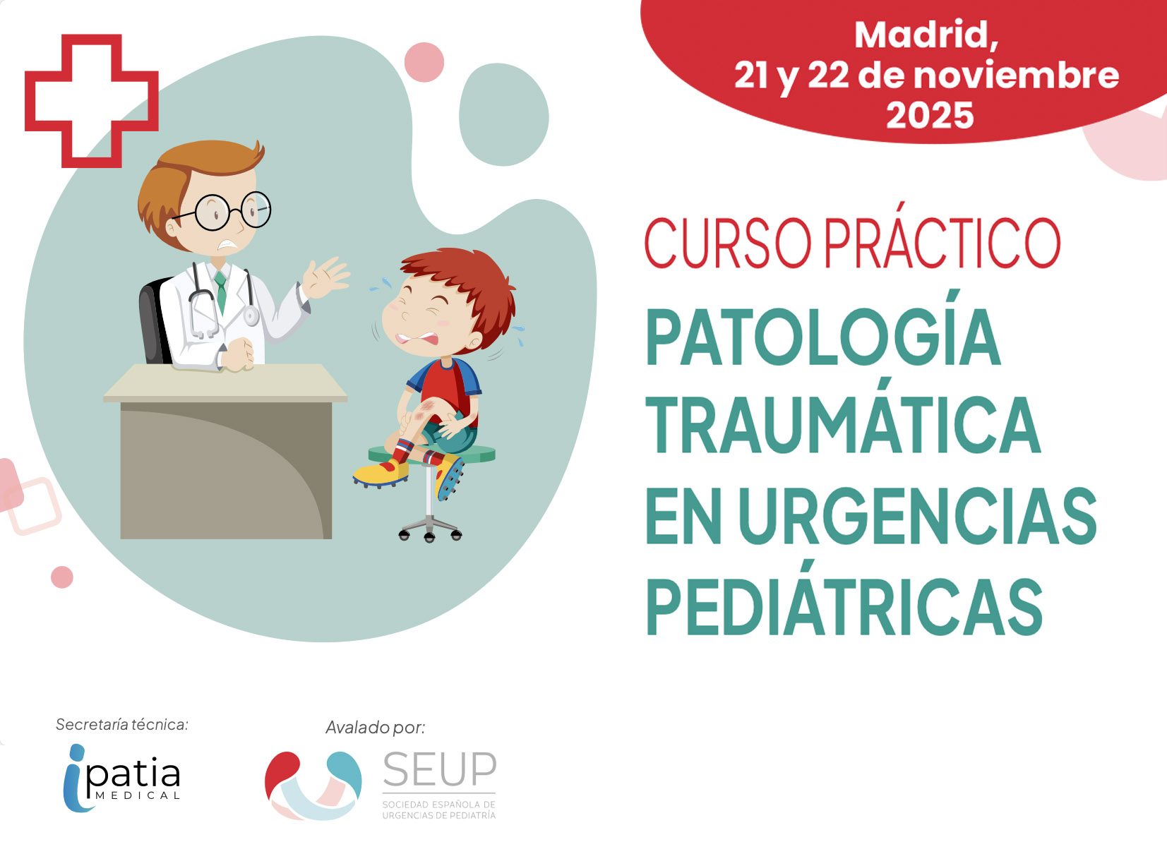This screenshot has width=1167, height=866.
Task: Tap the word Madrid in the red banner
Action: coord(926,35)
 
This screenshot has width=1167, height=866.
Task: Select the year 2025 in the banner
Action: coord(930,115)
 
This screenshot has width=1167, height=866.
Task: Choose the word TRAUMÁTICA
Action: coord(844,418)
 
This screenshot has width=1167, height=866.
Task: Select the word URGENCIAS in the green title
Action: coord(918,516)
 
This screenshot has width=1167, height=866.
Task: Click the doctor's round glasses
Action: coord(232,212)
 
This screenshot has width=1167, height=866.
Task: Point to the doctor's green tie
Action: coord(222,292)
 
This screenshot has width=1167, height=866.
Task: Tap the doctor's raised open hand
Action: coord(325,278)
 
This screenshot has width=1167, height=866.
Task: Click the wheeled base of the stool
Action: coord(430,529)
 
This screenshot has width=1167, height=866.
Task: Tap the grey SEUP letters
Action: coord(439,769)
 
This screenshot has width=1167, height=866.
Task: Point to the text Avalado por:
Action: coord(375,728)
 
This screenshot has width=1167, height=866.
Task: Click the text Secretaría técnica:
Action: coord(122,724)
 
